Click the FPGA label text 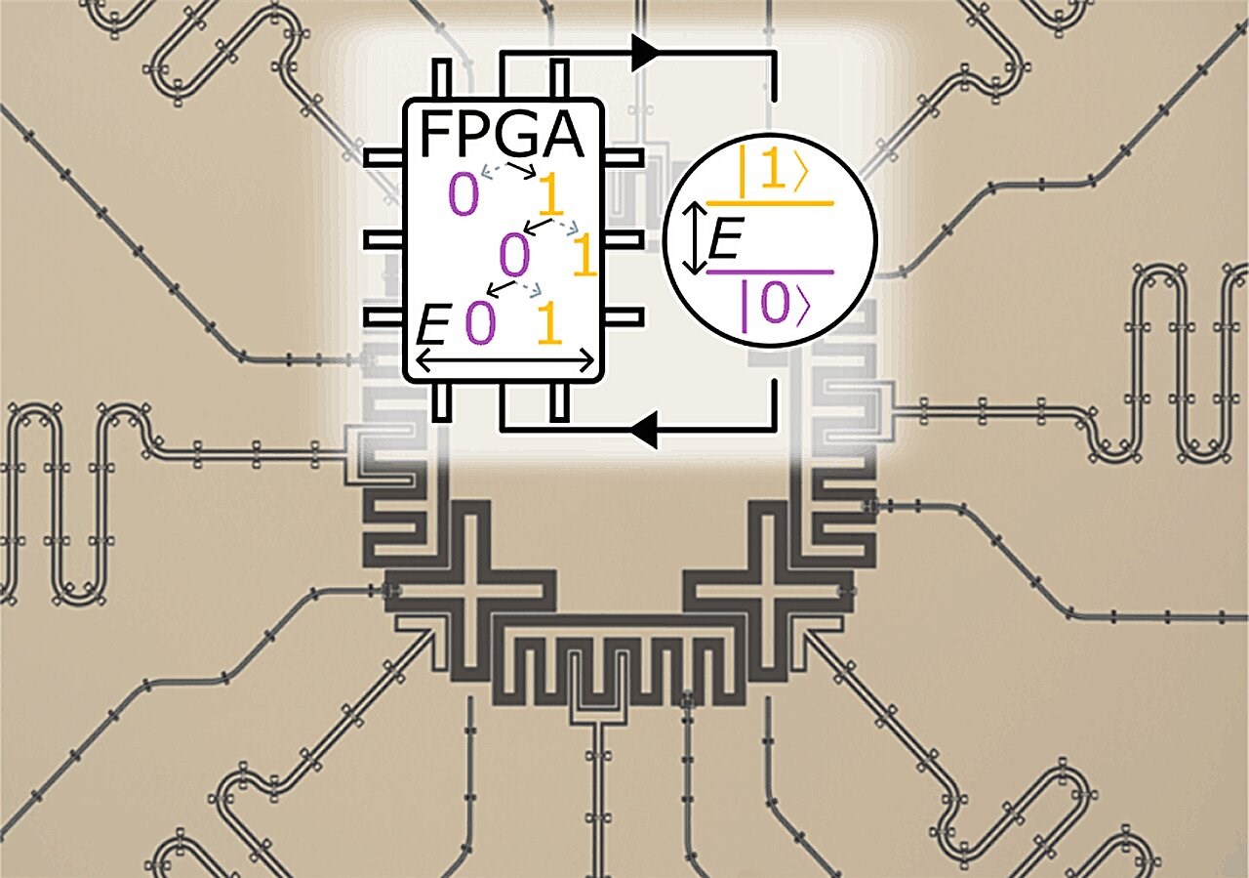(502, 137)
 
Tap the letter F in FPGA (435, 137)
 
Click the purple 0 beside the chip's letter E (479, 324)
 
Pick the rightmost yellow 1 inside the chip (583, 257)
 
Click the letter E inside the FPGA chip (431, 324)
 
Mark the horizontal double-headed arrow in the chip (504, 361)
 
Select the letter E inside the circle (723, 239)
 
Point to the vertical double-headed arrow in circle (692, 238)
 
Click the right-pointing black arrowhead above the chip (647, 55)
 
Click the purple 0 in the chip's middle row (513, 256)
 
